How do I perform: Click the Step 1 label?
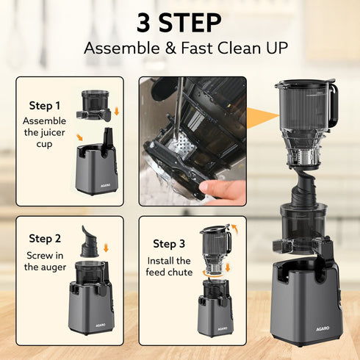tap(45, 105)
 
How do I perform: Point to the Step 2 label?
tap(45, 238)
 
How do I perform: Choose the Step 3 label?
tap(169, 244)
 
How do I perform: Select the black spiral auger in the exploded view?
tap(302, 186)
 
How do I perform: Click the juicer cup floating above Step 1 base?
tap(95, 106)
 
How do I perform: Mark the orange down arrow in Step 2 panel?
tap(105, 248)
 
